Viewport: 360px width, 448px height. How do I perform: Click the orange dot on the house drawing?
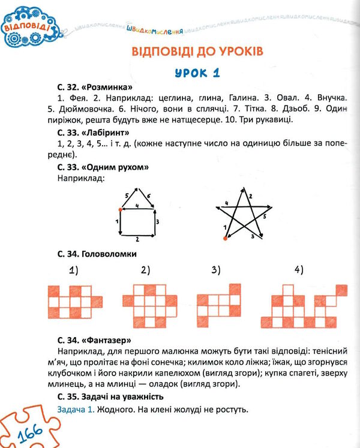click(121, 210)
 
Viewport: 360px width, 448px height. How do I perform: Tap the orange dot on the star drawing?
click(225, 239)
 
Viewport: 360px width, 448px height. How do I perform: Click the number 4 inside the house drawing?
click(137, 206)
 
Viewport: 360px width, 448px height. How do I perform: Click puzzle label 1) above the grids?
click(73, 270)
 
